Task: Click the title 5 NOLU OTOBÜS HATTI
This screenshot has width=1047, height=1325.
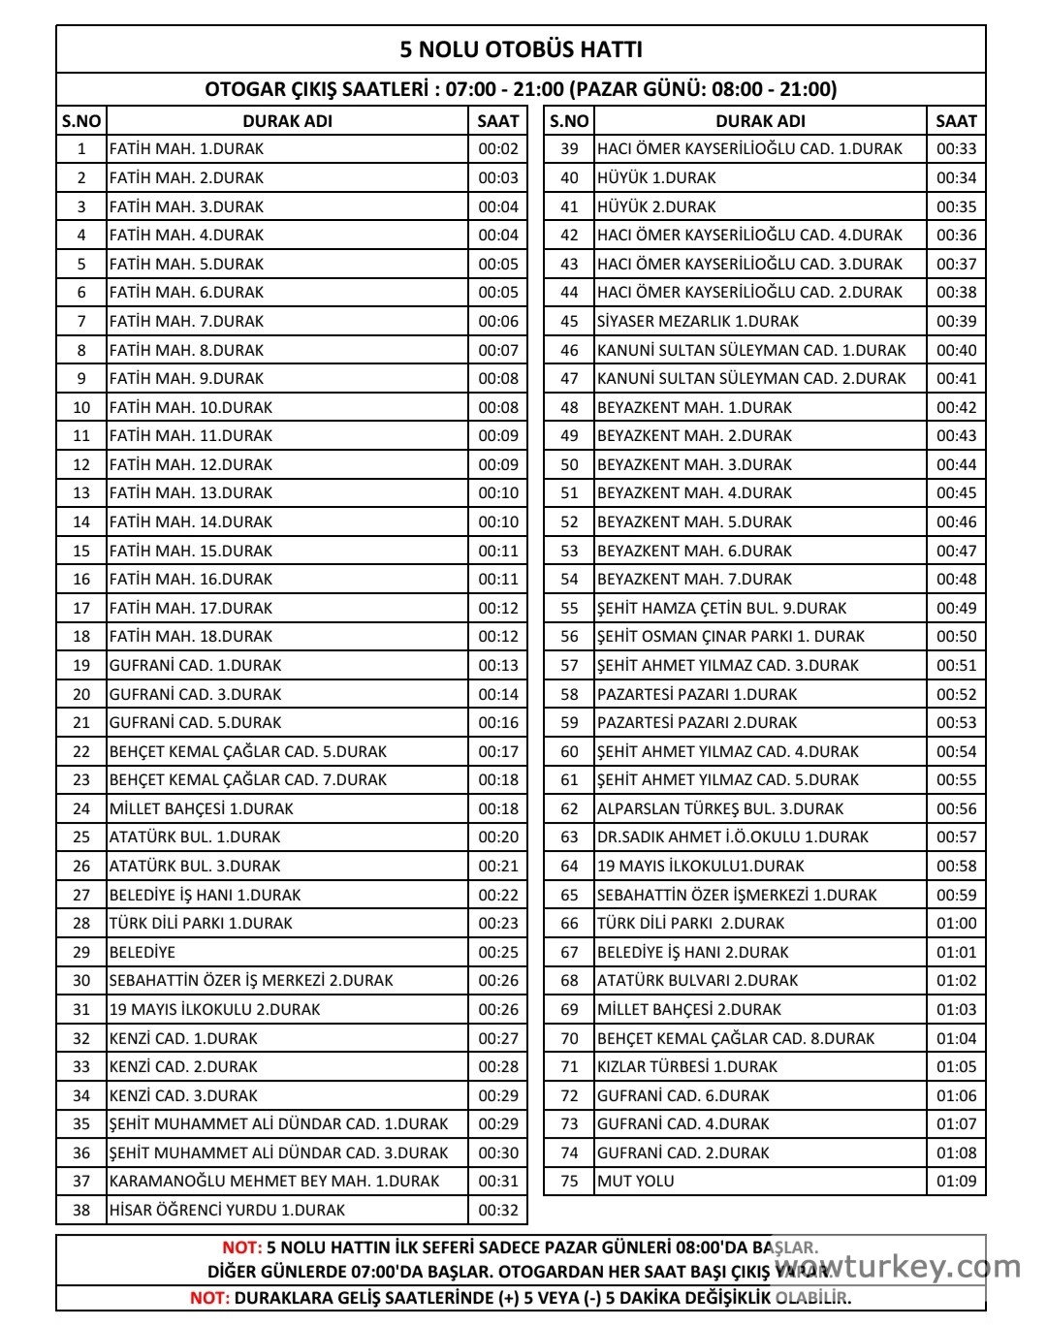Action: click(521, 49)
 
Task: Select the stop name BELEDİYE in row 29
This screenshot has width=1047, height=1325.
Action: click(143, 952)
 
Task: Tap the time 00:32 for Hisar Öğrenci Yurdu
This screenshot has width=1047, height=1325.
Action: click(498, 1210)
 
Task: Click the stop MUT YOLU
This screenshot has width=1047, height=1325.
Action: click(636, 1181)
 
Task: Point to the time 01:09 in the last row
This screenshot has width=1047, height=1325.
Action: click(956, 1181)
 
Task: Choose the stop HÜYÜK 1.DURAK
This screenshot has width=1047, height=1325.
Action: click(656, 177)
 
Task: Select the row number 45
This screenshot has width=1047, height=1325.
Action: click(569, 321)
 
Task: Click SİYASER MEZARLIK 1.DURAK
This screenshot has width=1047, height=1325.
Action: click(698, 321)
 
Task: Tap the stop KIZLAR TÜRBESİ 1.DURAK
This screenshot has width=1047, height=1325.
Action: click(687, 1066)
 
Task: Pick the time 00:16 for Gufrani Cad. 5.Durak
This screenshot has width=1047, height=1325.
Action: click(498, 722)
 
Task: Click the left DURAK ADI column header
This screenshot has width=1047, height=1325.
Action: click(287, 121)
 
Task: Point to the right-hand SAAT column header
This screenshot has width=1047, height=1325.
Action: click(956, 121)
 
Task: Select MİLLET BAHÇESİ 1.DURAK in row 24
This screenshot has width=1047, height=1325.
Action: click(202, 808)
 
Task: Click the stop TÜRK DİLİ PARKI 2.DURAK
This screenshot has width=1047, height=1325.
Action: click(690, 923)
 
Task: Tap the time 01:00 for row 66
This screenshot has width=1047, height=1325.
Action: click(956, 923)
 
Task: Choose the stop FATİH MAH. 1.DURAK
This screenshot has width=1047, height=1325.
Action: click(186, 149)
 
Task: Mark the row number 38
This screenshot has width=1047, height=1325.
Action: click(81, 1210)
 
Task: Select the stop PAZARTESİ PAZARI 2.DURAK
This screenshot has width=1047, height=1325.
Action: click(697, 722)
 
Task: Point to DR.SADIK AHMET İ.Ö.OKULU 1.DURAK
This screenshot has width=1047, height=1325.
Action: click(733, 836)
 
